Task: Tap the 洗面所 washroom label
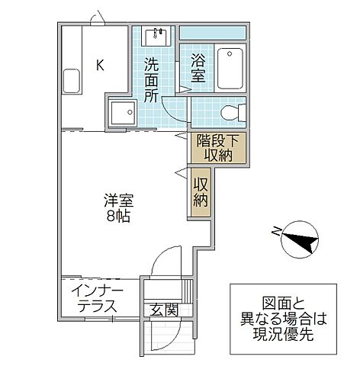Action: pos(152,80)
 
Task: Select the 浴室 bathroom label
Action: pos(198,68)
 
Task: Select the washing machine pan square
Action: pos(122,113)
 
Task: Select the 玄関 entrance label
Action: pos(163,310)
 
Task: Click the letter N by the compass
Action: pos(275,231)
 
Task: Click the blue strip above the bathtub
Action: pos(213,34)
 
